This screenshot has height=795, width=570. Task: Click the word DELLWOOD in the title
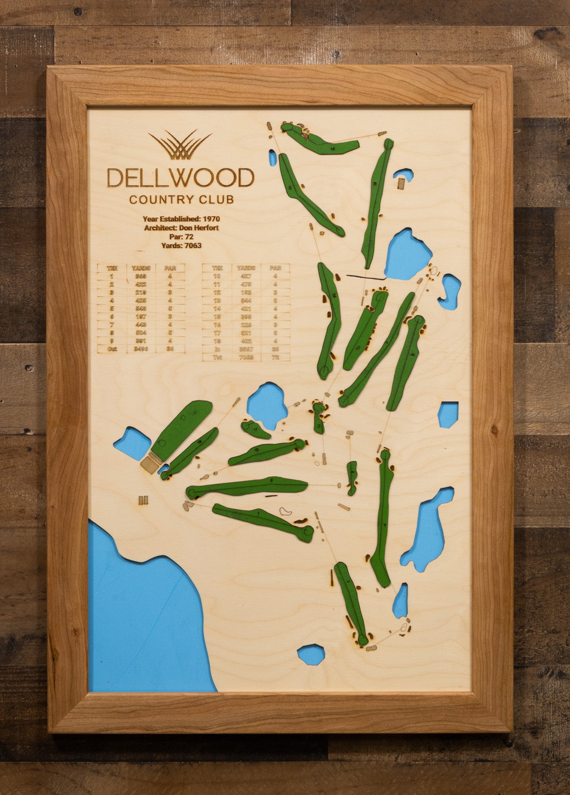click(180, 178)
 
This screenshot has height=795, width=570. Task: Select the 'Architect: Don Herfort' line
click(181, 228)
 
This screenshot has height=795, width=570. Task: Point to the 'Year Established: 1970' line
click(181, 219)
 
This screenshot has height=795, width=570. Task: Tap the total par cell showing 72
click(275, 357)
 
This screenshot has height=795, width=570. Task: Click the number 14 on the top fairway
click(332, 148)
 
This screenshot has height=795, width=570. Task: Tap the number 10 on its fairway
click(257, 450)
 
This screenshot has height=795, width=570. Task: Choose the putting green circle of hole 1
click(308, 530)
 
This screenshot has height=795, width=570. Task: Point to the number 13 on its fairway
click(375, 184)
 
